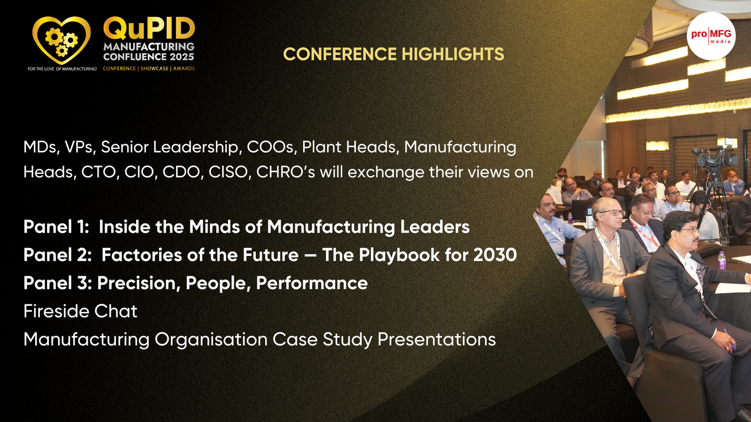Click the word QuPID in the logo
149,28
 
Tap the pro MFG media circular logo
711,36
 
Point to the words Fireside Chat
80,311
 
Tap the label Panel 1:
56,227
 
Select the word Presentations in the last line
437,339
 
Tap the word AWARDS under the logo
184,68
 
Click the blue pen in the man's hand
729,339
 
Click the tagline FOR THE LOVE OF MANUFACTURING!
62,69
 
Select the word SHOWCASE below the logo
154,68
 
